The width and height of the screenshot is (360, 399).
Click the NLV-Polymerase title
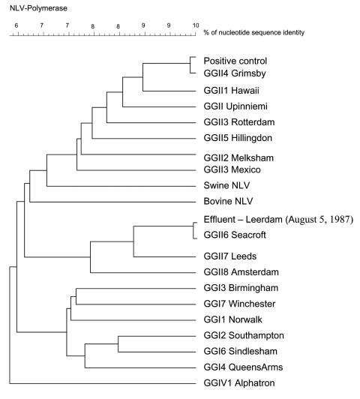click(38, 8)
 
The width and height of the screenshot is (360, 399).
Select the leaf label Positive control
click(235, 61)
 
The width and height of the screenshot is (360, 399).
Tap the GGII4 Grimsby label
click(235, 73)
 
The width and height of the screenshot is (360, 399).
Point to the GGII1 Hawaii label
click(231, 90)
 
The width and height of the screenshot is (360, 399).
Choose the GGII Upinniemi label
click(235, 106)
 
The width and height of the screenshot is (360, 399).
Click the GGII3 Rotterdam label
click(239, 122)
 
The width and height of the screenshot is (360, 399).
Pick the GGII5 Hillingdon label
click(238, 138)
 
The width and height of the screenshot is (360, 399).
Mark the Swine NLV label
click(226, 185)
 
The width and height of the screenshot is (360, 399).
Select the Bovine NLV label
click(228, 201)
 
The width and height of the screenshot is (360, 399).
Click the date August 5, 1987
click(319, 219)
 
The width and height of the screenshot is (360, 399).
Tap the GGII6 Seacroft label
click(235, 235)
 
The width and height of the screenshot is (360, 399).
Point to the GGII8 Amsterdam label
click(241, 272)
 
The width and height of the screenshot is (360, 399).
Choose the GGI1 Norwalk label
click(232, 319)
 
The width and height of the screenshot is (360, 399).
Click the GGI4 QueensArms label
click(243, 367)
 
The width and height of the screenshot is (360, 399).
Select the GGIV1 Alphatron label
click(239, 383)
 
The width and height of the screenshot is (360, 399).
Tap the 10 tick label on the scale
click(196, 25)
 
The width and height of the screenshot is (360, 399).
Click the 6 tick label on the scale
click(16, 25)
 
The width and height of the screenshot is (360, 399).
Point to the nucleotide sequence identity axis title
click(254, 32)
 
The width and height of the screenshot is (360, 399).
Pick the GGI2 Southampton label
click(244, 335)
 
